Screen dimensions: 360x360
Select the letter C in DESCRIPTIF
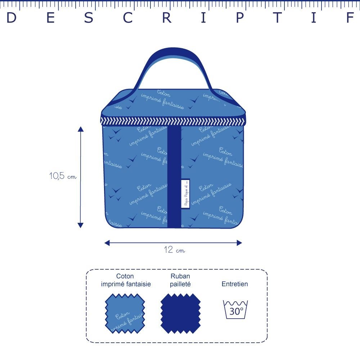click(128, 18)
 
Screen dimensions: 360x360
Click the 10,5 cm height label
click(63, 176)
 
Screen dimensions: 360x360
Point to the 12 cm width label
click(175, 250)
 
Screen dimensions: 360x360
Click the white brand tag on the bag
click(186, 193)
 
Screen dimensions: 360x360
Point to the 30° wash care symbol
click(236, 309)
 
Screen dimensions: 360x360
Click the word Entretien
click(235, 284)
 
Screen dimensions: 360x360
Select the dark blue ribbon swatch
click(180, 313)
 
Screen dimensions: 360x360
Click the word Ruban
click(180, 276)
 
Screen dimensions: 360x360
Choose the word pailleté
click(180, 284)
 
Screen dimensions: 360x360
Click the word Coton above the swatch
click(125, 276)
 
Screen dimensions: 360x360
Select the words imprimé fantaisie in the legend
click(126, 284)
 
